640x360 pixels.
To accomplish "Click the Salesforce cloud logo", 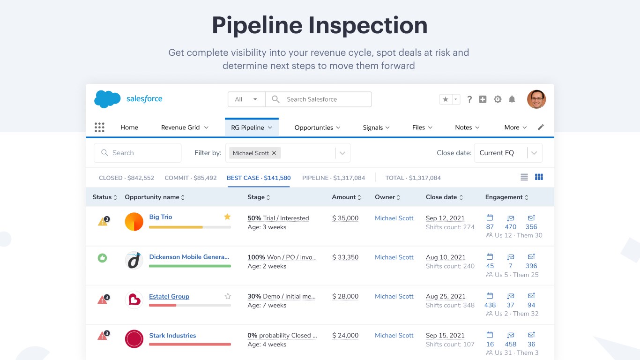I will click(x=107, y=99).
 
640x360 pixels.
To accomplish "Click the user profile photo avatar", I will click(x=536, y=99).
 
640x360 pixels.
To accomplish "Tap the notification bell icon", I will click(x=512, y=99).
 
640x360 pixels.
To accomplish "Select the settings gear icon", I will click(x=498, y=99).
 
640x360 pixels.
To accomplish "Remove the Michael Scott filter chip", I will click(x=274, y=153).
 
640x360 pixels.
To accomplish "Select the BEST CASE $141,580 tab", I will click(x=259, y=178).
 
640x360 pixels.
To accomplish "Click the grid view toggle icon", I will click(x=539, y=177).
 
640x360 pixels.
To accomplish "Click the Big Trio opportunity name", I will click(x=161, y=217).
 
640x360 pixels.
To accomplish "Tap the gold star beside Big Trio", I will click(x=227, y=217).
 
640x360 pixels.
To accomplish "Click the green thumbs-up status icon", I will click(x=102, y=257).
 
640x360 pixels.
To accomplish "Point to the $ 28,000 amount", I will click(x=345, y=296).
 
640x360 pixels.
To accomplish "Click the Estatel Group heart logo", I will click(x=134, y=300).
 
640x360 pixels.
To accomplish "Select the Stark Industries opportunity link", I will click(x=172, y=336).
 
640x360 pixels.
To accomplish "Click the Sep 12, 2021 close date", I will click(x=445, y=218).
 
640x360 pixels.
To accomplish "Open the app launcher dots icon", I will click(x=99, y=127).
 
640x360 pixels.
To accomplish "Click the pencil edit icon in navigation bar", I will click(x=541, y=127).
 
